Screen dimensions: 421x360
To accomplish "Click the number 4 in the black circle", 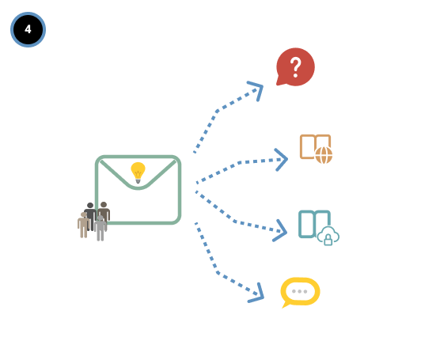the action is pos(28,29).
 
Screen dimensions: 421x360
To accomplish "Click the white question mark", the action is pos(296,67).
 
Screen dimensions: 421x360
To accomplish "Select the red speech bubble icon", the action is pos(295,66).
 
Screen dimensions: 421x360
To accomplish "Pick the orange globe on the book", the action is pos(324,155).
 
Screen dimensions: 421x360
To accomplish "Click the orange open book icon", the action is pos(315,147).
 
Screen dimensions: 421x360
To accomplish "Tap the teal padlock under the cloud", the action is pos(328,240).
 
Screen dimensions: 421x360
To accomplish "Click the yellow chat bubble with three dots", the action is pos(300,292).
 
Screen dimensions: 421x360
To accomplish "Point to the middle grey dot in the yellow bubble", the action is pos(300,291).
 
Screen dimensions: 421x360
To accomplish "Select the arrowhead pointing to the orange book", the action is pos(281,160).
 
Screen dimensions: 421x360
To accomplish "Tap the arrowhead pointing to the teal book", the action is pos(280,231).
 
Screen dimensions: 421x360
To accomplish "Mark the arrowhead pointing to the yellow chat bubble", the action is pos(256,294).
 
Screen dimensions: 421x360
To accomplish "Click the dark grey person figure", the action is pos(90,214).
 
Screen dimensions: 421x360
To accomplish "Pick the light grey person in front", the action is pos(101,228).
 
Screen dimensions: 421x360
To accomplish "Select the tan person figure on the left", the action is pos(84,225).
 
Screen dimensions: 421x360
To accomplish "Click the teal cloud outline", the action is pos(328,234).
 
